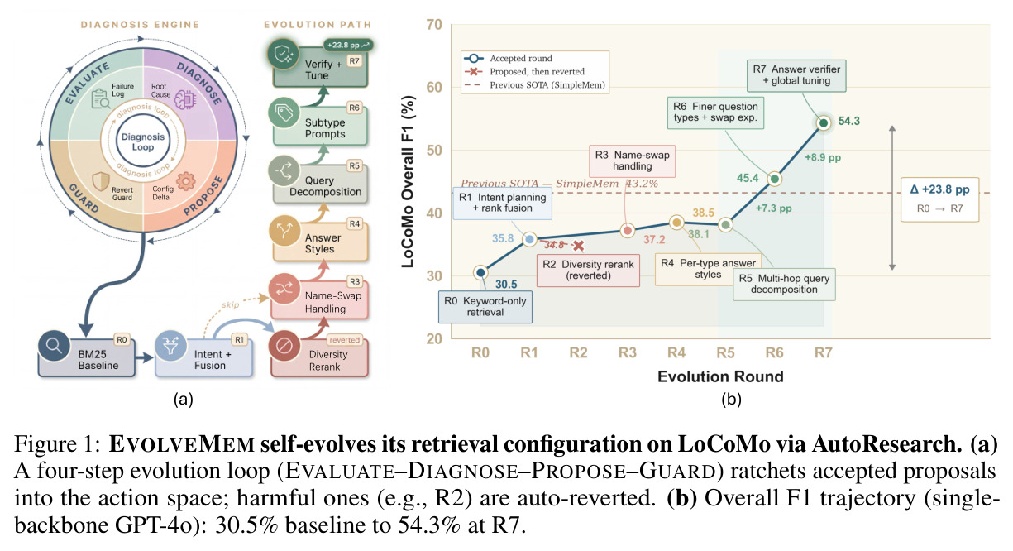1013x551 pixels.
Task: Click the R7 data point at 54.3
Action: (x=824, y=122)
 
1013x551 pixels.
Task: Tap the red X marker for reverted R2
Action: (x=578, y=246)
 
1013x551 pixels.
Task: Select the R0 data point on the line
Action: (x=480, y=272)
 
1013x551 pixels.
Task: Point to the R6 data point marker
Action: (x=775, y=180)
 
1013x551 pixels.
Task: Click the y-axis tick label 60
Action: (x=434, y=87)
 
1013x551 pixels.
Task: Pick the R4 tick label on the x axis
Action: (x=676, y=352)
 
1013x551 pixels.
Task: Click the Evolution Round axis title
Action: (x=720, y=376)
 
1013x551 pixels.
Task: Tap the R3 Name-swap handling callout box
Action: (x=633, y=161)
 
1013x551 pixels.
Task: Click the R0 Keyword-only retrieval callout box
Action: (x=485, y=307)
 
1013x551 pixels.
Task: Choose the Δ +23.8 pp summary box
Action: (x=939, y=199)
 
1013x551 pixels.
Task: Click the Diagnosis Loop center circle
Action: (x=143, y=141)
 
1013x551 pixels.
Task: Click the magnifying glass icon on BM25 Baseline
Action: (x=55, y=346)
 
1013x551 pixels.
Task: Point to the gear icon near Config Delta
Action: (x=186, y=181)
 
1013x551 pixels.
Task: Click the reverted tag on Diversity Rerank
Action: (x=345, y=340)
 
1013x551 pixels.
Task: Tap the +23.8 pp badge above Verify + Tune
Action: (x=348, y=45)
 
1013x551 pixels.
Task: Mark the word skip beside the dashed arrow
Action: (x=230, y=304)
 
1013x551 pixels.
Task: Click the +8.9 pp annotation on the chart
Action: (x=823, y=157)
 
